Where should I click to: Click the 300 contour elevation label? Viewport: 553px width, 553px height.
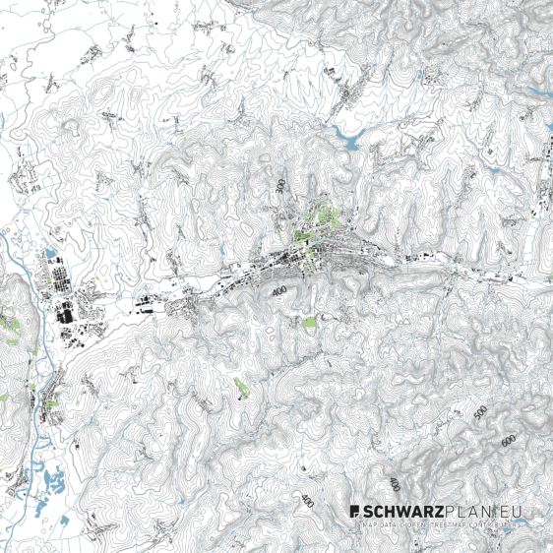tap(281, 184)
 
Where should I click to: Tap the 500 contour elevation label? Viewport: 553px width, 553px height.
tap(480, 413)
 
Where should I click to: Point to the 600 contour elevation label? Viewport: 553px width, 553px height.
tap(508, 441)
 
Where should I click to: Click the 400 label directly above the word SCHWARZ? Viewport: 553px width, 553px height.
tap(394, 484)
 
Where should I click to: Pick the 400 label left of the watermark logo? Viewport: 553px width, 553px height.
tap(307, 501)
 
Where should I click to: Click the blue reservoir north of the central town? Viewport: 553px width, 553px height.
tap(347, 134)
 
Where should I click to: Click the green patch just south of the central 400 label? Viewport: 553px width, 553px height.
tap(311, 322)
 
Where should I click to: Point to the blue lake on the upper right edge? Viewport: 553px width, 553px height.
tap(536, 91)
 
